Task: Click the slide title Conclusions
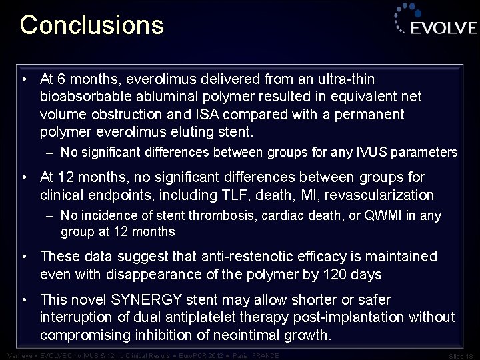[x=91, y=25]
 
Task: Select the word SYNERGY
[x=151, y=299]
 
